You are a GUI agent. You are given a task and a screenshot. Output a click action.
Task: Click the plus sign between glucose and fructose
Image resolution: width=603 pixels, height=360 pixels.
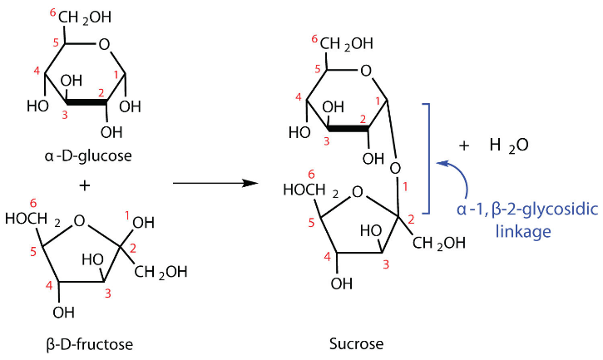pos(83,185)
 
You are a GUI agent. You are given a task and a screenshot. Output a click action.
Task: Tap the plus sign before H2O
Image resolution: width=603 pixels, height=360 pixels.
pos(464,144)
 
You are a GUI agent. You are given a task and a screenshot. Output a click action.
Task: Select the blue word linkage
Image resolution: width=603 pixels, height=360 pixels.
pos(523,231)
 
